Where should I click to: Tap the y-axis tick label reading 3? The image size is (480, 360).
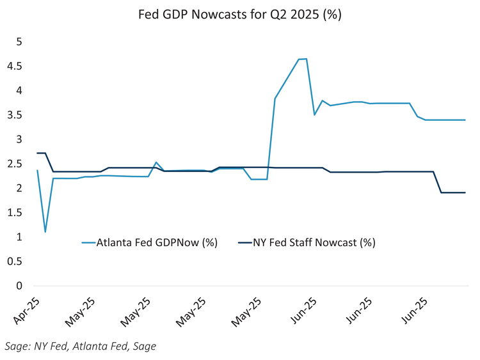[20, 139]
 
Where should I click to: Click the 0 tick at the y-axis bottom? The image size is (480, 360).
[20, 286]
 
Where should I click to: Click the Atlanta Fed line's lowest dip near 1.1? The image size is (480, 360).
[45, 231]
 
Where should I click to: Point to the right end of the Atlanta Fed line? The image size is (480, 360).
[465, 120]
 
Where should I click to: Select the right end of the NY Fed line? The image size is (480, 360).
[465, 192]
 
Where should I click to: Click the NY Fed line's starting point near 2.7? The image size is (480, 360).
[38, 153]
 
